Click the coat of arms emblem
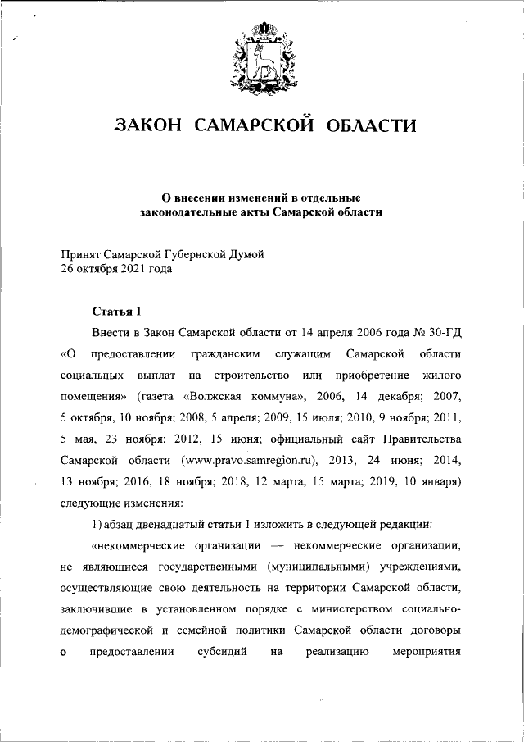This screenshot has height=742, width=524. tap(264, 57)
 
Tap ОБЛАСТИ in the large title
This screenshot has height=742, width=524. tap(372, 125)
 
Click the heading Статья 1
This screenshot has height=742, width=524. tap(116, 312)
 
